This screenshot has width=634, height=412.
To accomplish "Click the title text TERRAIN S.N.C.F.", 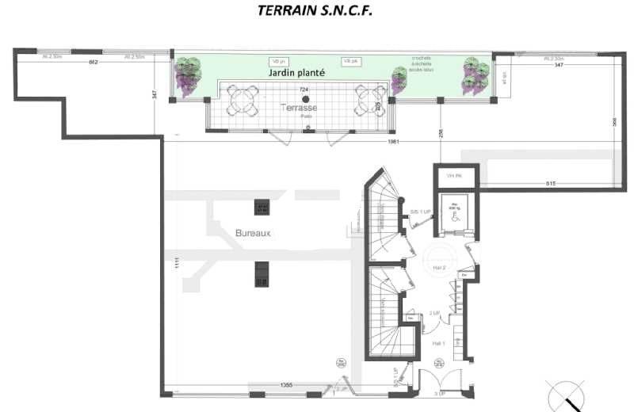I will click(315, 11).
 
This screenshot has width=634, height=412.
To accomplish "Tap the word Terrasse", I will click(301, 107).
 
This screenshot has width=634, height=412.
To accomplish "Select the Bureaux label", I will click(254, 233).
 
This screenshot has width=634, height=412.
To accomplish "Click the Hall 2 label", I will click(440, 269).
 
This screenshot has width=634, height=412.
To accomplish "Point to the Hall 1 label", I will click(438, 343).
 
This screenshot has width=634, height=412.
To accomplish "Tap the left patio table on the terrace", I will click(240, 99).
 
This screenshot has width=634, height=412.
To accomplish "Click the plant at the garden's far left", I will click(189, 74).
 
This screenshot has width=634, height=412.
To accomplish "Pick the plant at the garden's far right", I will click(475, 74).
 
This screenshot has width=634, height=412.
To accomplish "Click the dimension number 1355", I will click(288, 385).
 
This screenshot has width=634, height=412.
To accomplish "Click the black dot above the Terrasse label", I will click(305, 98).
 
